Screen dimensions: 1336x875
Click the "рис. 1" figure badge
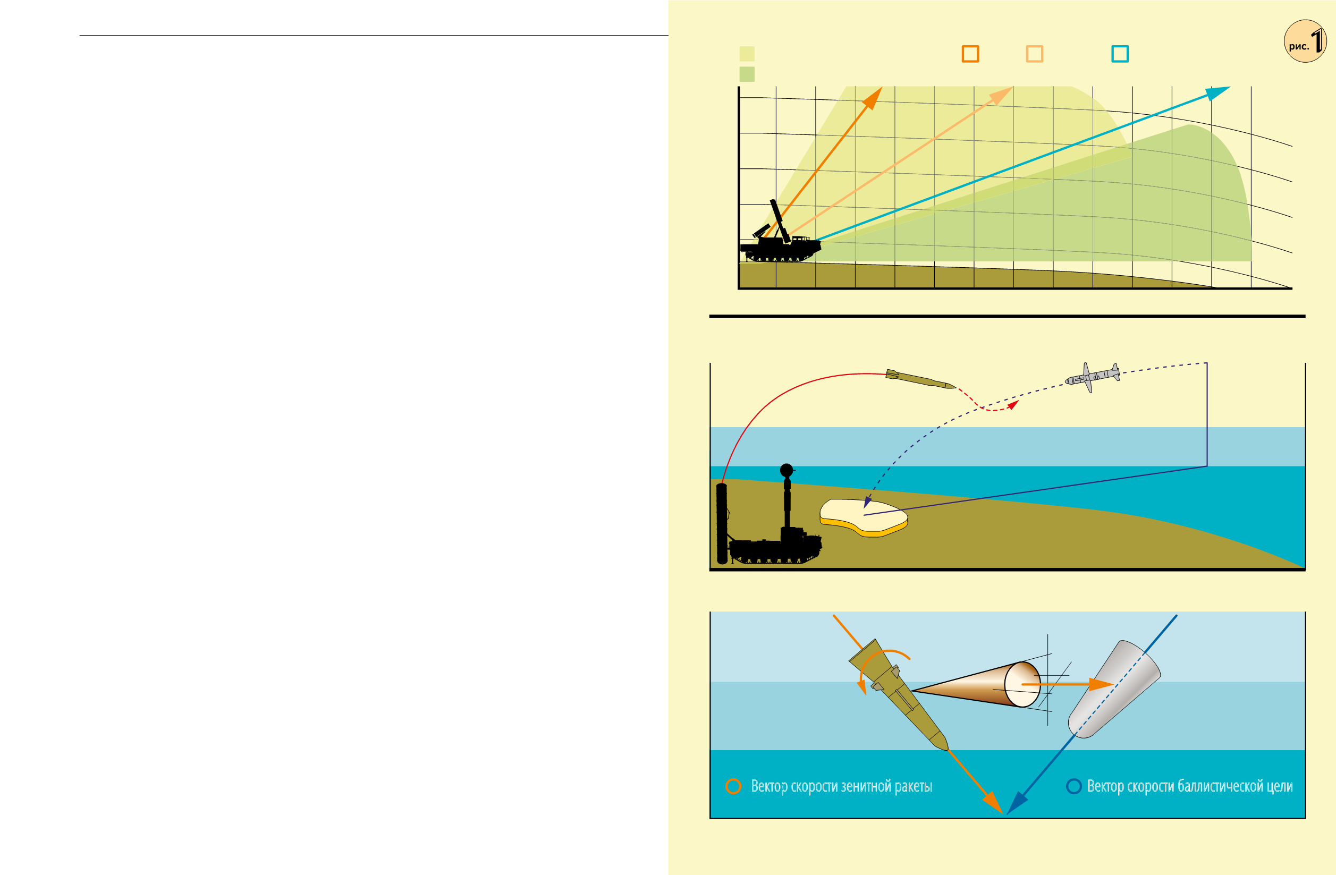click(x=1305, y=41)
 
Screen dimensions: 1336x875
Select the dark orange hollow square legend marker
click(x=970, y=54)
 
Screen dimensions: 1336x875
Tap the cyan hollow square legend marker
click(x=1120, y=54)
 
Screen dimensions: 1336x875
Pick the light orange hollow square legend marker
click(x=1035, y=54)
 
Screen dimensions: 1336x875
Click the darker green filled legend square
click(x=747, y=74)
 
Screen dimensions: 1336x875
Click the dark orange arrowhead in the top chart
click(x=873, y=98)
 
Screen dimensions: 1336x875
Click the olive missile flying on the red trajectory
click(x=920, y=379)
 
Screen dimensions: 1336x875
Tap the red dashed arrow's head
click(x=1013, y=405)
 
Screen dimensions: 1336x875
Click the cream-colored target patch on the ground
click(x=864, y=517)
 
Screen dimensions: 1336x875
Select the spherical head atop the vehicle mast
click(x=787, y=470)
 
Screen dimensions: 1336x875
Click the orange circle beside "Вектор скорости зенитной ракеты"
click(x=733, y=786)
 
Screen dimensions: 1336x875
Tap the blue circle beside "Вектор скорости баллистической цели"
click(x=1074, y=786)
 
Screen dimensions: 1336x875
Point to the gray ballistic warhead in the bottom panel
click(x=1114, y=689)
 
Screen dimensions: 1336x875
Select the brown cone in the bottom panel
click(x=976, y=684)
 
